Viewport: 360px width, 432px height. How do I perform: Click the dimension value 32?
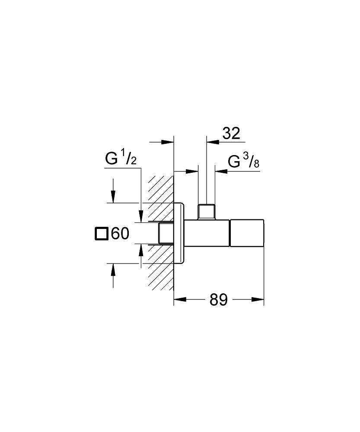pos(231,133)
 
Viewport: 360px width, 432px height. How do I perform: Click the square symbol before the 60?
pos(101,234)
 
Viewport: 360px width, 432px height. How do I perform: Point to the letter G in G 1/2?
pos(111,159)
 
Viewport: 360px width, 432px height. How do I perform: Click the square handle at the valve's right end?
pos(246,234)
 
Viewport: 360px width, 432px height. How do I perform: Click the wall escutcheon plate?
pos(179,233)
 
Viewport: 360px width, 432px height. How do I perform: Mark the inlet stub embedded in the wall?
pos(166,234)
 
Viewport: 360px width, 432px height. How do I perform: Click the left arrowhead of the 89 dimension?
pos(179,299)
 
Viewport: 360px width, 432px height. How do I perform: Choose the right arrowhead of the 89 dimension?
pos(258,299)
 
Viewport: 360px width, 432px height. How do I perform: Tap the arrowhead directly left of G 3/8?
pos(220,172)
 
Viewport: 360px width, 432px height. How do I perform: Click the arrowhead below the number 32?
pos(211,141)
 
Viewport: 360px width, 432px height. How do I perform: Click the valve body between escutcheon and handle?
pos(207,234)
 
